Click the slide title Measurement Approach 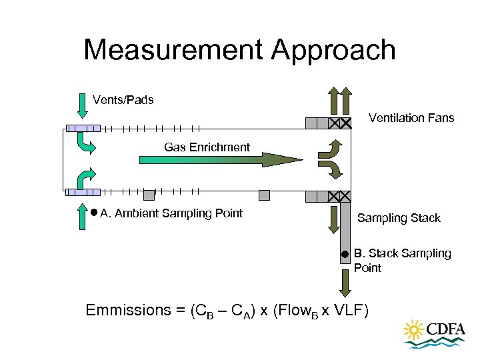(239, 50)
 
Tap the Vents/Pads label (123, 100)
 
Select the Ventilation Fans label (411, 118)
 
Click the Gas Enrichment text (207, 147)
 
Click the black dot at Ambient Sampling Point (94, 213)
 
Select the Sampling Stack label (399, 218)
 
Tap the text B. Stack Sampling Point (402, 261)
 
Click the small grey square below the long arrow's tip (264, 195)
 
